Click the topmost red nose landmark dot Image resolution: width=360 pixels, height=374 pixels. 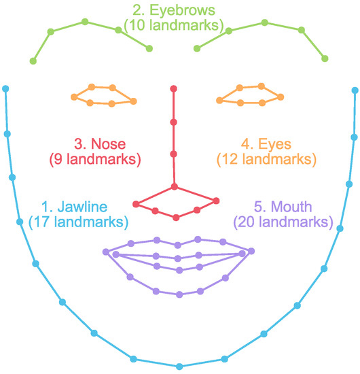174,88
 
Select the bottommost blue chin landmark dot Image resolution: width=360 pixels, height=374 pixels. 179,367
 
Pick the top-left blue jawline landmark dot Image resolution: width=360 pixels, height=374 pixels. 6,88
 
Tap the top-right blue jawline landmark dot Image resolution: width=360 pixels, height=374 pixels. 355,88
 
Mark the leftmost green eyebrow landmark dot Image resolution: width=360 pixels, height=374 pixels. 33,61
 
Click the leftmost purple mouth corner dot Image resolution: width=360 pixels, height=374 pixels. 105,252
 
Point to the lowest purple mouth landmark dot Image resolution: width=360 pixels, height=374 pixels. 179,294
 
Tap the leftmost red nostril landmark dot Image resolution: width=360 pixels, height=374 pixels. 136,204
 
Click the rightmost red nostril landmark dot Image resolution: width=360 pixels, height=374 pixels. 217,201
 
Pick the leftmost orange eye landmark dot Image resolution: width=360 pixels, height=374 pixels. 72,95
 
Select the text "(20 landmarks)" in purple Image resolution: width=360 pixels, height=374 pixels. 283,222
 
